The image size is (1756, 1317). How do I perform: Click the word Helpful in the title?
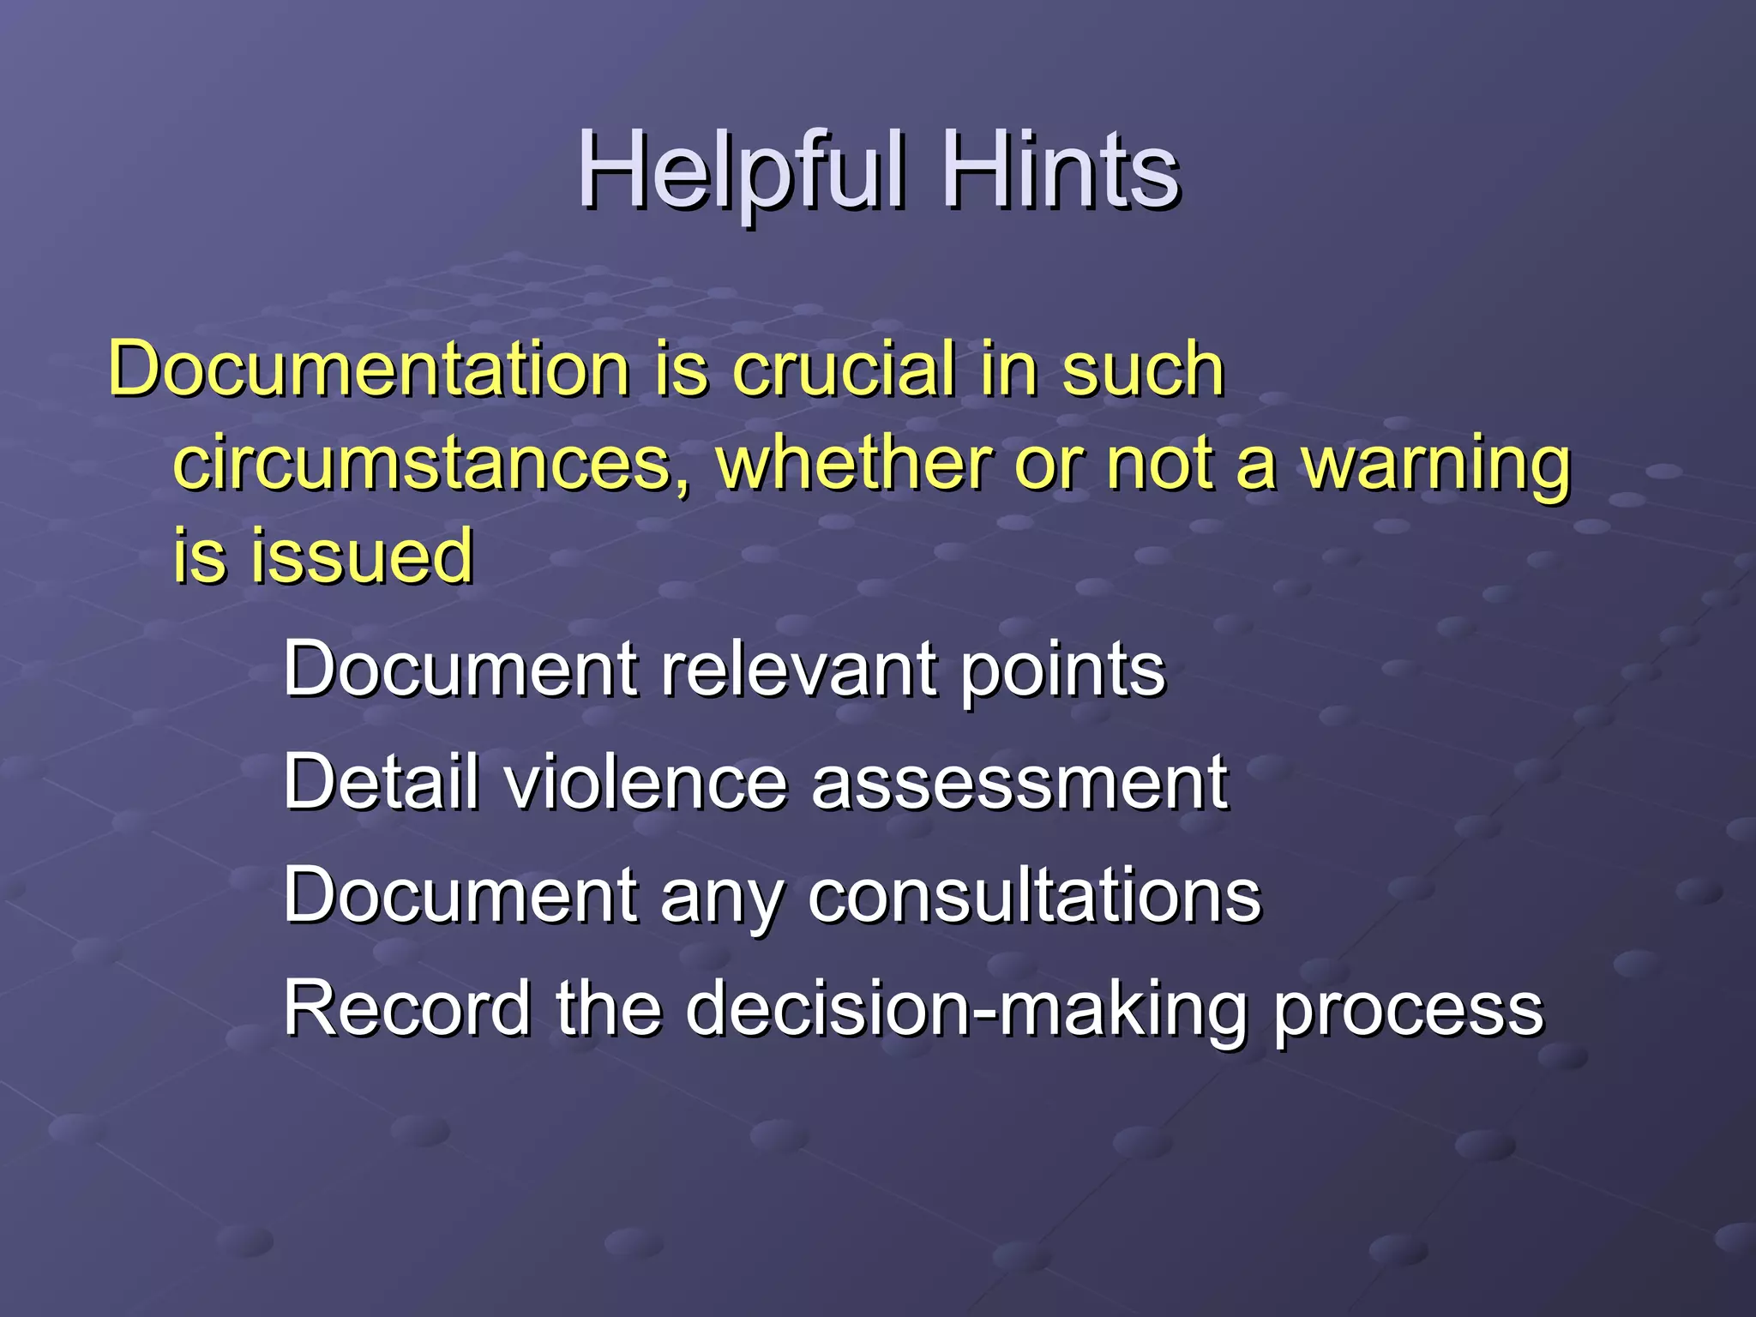pos(742,171)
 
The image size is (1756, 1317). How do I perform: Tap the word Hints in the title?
pos(1061,171)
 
